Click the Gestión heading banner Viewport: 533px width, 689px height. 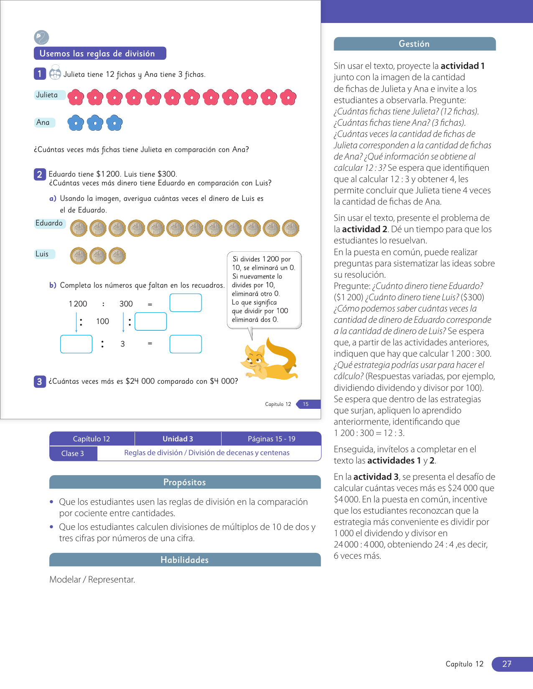414,44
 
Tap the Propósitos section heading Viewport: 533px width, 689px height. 185,482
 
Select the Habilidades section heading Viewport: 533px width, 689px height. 185,560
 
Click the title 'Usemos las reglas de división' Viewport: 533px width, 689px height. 100,53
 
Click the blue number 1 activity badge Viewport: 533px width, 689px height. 39,74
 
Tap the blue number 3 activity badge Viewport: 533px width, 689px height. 39,381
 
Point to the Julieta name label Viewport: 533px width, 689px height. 47,95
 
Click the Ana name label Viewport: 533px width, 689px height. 43,122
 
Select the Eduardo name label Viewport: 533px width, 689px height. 49,223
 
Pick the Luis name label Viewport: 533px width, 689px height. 43,254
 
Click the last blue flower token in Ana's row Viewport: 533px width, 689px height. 114,123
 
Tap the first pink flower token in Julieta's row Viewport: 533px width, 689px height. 76,97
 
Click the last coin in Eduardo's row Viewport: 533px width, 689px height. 291,228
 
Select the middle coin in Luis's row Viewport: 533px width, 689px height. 98,256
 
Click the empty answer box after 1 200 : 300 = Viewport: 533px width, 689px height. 186,303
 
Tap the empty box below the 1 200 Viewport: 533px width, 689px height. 76,344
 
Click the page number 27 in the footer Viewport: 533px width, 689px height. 507,664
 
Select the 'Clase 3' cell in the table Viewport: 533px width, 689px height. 73,453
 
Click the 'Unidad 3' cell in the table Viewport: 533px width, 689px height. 178,439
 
